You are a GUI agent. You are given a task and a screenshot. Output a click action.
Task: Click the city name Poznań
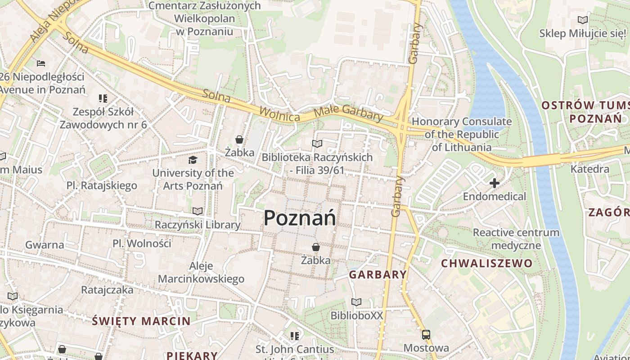300,218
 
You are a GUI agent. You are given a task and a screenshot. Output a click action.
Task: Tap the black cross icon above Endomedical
495,183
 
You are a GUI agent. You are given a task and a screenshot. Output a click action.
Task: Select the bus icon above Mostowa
426,335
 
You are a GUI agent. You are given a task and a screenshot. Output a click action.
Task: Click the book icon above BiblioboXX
356,302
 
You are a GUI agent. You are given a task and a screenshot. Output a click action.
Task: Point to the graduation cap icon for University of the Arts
193,160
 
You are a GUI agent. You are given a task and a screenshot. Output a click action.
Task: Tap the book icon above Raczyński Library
197,211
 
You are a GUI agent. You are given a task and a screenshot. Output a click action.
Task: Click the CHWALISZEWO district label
486,263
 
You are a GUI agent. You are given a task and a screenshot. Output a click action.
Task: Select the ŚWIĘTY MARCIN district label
141,321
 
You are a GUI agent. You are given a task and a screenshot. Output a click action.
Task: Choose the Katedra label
589,169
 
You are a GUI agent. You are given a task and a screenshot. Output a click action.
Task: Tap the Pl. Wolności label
142,243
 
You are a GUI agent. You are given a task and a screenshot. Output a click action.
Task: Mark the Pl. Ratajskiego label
102,185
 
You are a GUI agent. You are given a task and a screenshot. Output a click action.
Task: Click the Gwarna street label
45,245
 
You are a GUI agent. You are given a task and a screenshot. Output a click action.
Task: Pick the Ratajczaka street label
107,290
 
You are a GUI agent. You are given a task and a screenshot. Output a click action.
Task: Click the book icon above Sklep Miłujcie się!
583,20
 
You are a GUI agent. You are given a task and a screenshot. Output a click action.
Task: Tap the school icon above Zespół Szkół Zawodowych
103,98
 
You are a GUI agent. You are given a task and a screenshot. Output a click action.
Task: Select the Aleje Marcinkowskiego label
201,272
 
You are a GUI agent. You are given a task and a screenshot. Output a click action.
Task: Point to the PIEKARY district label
192,355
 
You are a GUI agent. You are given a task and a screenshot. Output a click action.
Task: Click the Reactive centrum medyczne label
516,239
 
